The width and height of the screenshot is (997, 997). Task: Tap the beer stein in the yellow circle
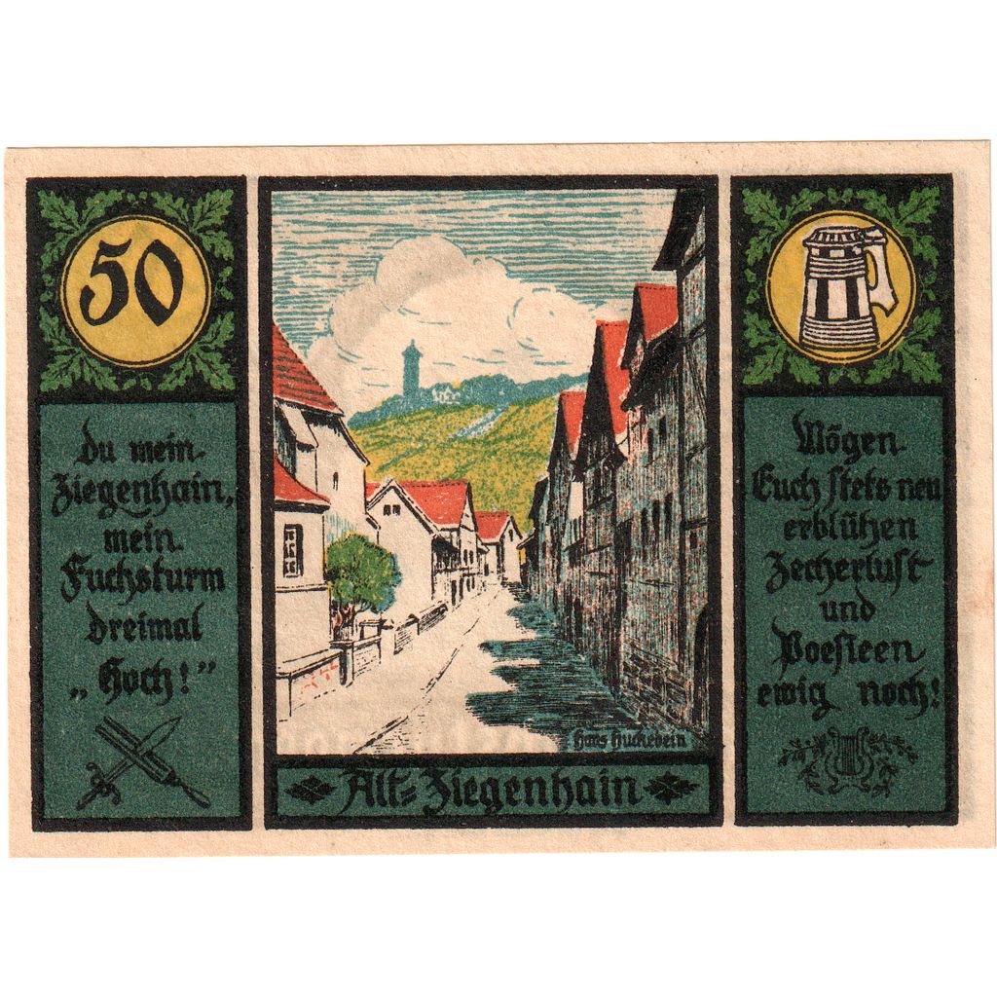pos(840,288)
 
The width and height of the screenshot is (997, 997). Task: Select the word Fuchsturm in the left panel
pos(142,580)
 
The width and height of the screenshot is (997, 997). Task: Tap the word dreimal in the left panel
pos(143,625)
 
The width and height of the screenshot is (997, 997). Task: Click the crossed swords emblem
pos(142,761)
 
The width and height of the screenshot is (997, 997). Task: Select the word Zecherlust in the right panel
pos(845,571)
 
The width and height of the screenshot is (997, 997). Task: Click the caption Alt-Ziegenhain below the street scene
pos(493,790)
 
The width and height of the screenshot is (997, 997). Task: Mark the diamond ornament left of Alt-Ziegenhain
pos(309,791)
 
